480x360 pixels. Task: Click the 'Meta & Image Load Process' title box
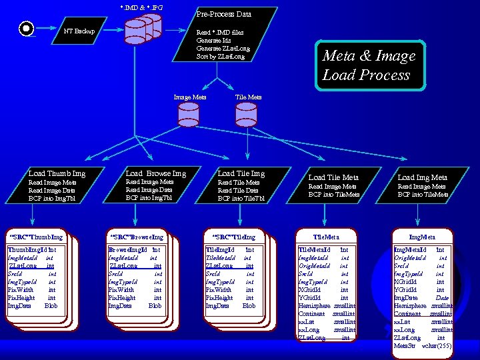tap(369, 65)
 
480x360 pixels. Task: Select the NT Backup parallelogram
tap(79, 31)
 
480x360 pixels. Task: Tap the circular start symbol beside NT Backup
tap(26, 29)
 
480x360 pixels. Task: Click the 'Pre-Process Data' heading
tap(223, 14)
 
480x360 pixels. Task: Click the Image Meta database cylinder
tap(189, 115)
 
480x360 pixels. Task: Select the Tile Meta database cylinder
tap(248, 115)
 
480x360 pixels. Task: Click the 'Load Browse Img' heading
tap(155, 173)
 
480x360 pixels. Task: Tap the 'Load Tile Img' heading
tap(241, 173)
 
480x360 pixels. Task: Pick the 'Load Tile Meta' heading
tap(333, 177)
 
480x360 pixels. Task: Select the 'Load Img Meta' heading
tap(422, 177)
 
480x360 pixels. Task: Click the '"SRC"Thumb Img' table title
tap(35, 237)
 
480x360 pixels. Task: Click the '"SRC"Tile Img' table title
tap(233, 237)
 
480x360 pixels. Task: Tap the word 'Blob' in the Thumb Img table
tap(51, 305)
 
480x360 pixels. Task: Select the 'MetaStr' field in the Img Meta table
tap(404, 345)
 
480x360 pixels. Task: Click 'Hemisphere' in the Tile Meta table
tap(314, 305)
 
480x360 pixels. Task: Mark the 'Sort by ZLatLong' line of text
tap(220, 57)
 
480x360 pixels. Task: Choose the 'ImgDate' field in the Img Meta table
tap(406, 297)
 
